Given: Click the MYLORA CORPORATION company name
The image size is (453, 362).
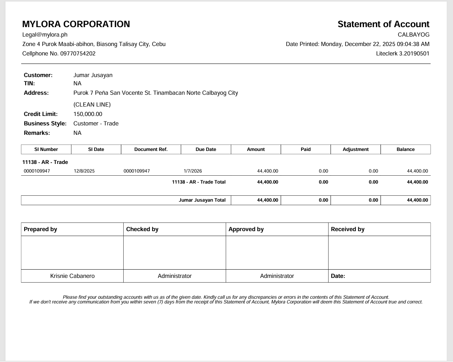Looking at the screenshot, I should pyautogui.click(x=76, y=24).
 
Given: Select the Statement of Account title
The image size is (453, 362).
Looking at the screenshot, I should pyautogui.click(x=383, y=24).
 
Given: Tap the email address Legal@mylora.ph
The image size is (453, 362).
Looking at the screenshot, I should pyautogui.click(x=45, y=35).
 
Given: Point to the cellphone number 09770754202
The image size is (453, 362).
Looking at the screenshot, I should pyautogui.click(x=78, y=53).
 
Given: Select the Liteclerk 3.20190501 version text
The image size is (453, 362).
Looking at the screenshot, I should pyautogui.click(x=402, y=53).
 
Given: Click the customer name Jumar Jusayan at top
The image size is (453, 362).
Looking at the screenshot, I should pyautogui.click(x=93, y=75).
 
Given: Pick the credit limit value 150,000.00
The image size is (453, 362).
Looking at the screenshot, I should pyautogui.click(x=88, y=114).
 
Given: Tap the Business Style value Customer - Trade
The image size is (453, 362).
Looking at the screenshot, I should pyautogui.click(x=96, y=123).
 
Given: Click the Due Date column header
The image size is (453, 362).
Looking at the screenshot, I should pyautogui.click(x=206, y=149).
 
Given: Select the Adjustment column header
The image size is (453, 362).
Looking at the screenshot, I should pyautogui.click(x=355, y=149).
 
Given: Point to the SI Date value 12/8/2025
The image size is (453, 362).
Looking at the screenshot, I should pyautogui.click(x=84, y=171).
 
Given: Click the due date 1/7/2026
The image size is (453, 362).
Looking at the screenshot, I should pyautogui.click(x=193, y=171).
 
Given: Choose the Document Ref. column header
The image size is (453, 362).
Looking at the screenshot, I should pyautogui.click(x=151, y=149).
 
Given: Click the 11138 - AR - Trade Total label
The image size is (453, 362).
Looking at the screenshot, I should pyautogui.click(x=199, y=182).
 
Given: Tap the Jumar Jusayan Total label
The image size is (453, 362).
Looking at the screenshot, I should pyautogui.click(x=202, y=200).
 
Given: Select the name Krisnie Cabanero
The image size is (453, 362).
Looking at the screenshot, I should pyautogui.click(x=72, y=276).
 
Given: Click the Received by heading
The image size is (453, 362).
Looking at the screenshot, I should pyautogui.click(x=347, y=229).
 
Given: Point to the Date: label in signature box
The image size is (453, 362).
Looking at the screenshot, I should pyautogui.click(x=338, y=276).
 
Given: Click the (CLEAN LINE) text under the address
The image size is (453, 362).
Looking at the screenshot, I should pyautogui.click(x=92, y=105).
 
